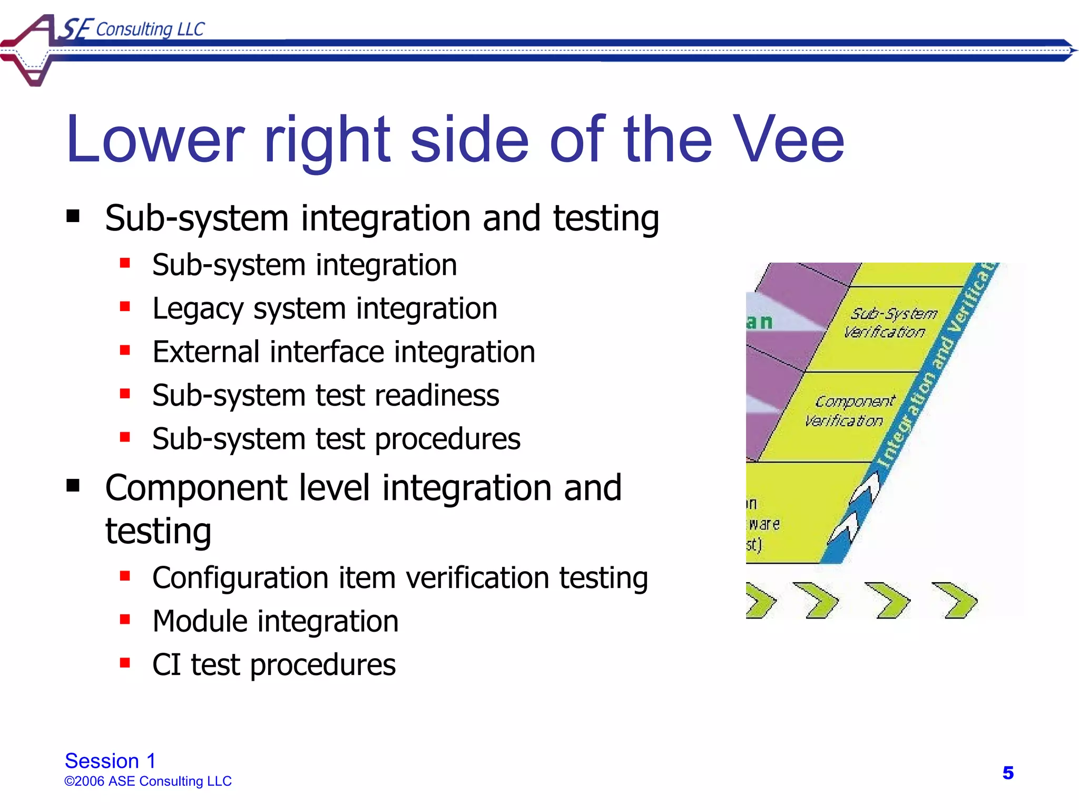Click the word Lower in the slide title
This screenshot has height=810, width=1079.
click(155, 140)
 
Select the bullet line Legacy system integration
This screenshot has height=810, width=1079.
click(325, 309)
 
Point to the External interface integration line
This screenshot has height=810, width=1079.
click(344, 352)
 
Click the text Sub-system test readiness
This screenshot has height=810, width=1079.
click(326, 396)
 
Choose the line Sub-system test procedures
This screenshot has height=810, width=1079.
click(336, 439)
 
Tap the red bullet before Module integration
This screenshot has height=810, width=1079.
click(125, 619)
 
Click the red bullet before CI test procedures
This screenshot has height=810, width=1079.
click(125, 662)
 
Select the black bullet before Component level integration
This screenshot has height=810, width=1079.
click(73, 485)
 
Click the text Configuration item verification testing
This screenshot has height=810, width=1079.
click(400, 578)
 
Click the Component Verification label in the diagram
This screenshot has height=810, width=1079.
click(849, 411)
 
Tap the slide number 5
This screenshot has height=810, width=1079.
click(1007, 773)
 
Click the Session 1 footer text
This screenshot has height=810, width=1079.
click(110, 761)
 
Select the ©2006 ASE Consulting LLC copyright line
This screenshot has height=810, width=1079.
click(148, 781)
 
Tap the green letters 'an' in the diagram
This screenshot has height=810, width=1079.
click(759, 322)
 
